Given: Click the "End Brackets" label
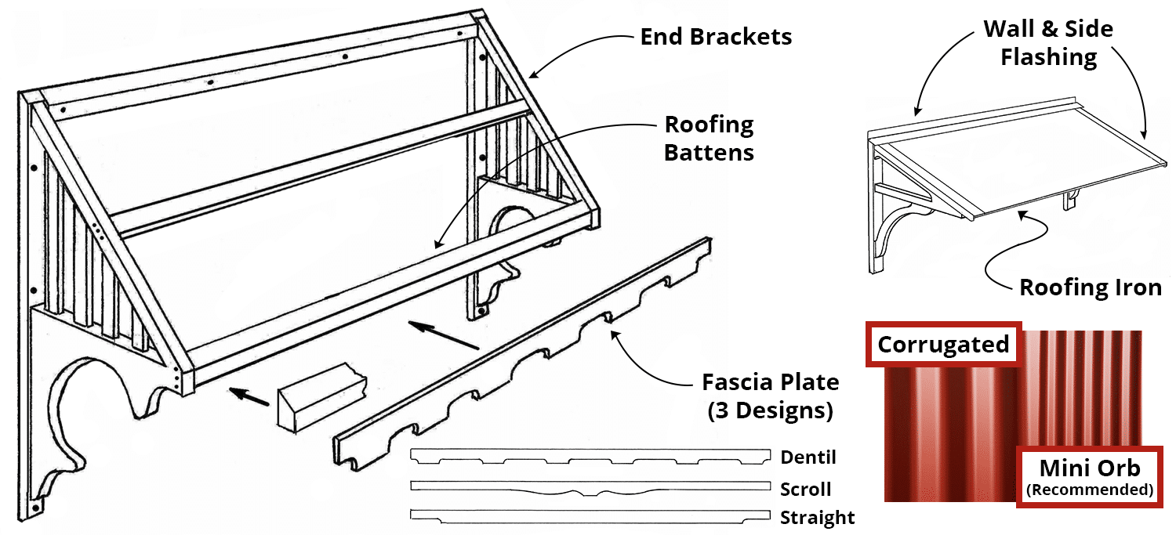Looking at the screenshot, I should [715, 37].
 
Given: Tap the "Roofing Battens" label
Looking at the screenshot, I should [709, 138].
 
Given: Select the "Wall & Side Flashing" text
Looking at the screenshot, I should [1048, 43].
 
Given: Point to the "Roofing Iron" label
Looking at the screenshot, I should [1090, 287].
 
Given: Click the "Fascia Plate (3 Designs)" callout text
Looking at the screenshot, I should [770, 396].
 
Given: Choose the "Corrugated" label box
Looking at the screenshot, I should [943, 345].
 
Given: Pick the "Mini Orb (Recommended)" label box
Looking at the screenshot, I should [1089, 477].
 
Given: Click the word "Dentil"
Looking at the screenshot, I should [808, 457].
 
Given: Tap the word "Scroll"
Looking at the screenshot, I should [805, 490].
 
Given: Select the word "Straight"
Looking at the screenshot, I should [817, 518].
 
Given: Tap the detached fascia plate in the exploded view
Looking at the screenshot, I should [525, 345].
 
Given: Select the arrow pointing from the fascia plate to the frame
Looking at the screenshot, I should [443, 334].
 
